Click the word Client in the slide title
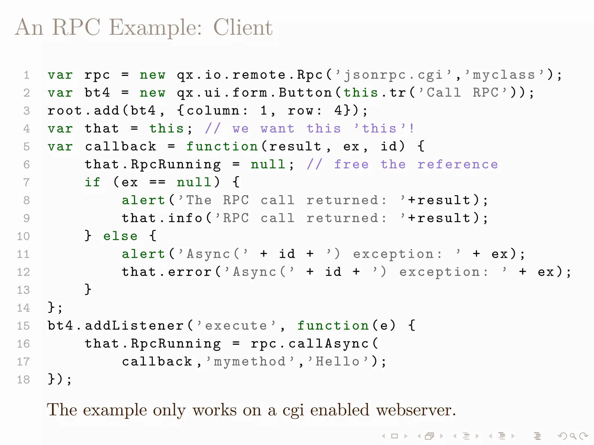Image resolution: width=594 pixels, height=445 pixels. (243, 28)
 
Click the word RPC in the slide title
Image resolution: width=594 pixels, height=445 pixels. (76, 28)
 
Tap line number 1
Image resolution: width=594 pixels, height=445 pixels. (26, 75)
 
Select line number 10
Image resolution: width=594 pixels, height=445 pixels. (23, 236)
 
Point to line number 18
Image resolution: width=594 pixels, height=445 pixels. (23, 380)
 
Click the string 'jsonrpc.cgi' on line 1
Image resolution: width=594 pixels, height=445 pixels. (393, 75)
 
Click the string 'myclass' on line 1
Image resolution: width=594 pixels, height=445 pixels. (504, 75)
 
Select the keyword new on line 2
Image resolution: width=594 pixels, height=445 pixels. (152, 93)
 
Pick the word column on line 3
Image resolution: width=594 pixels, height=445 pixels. (213, 111)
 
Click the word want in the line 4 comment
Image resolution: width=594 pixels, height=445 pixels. (277, 129)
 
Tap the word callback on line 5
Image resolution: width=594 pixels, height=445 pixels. (120, 147)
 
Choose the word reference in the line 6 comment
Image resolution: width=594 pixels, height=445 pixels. (457, 165)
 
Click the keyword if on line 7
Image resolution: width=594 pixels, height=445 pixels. (92, 183)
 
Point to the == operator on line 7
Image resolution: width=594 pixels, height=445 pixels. (157, 183)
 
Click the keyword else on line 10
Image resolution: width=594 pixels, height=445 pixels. (120, 236)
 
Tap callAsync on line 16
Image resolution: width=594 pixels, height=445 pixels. (329, 344)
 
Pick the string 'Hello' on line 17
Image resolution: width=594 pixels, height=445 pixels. (338, 362)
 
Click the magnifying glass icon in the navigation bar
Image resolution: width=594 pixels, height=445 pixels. (573, 436)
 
